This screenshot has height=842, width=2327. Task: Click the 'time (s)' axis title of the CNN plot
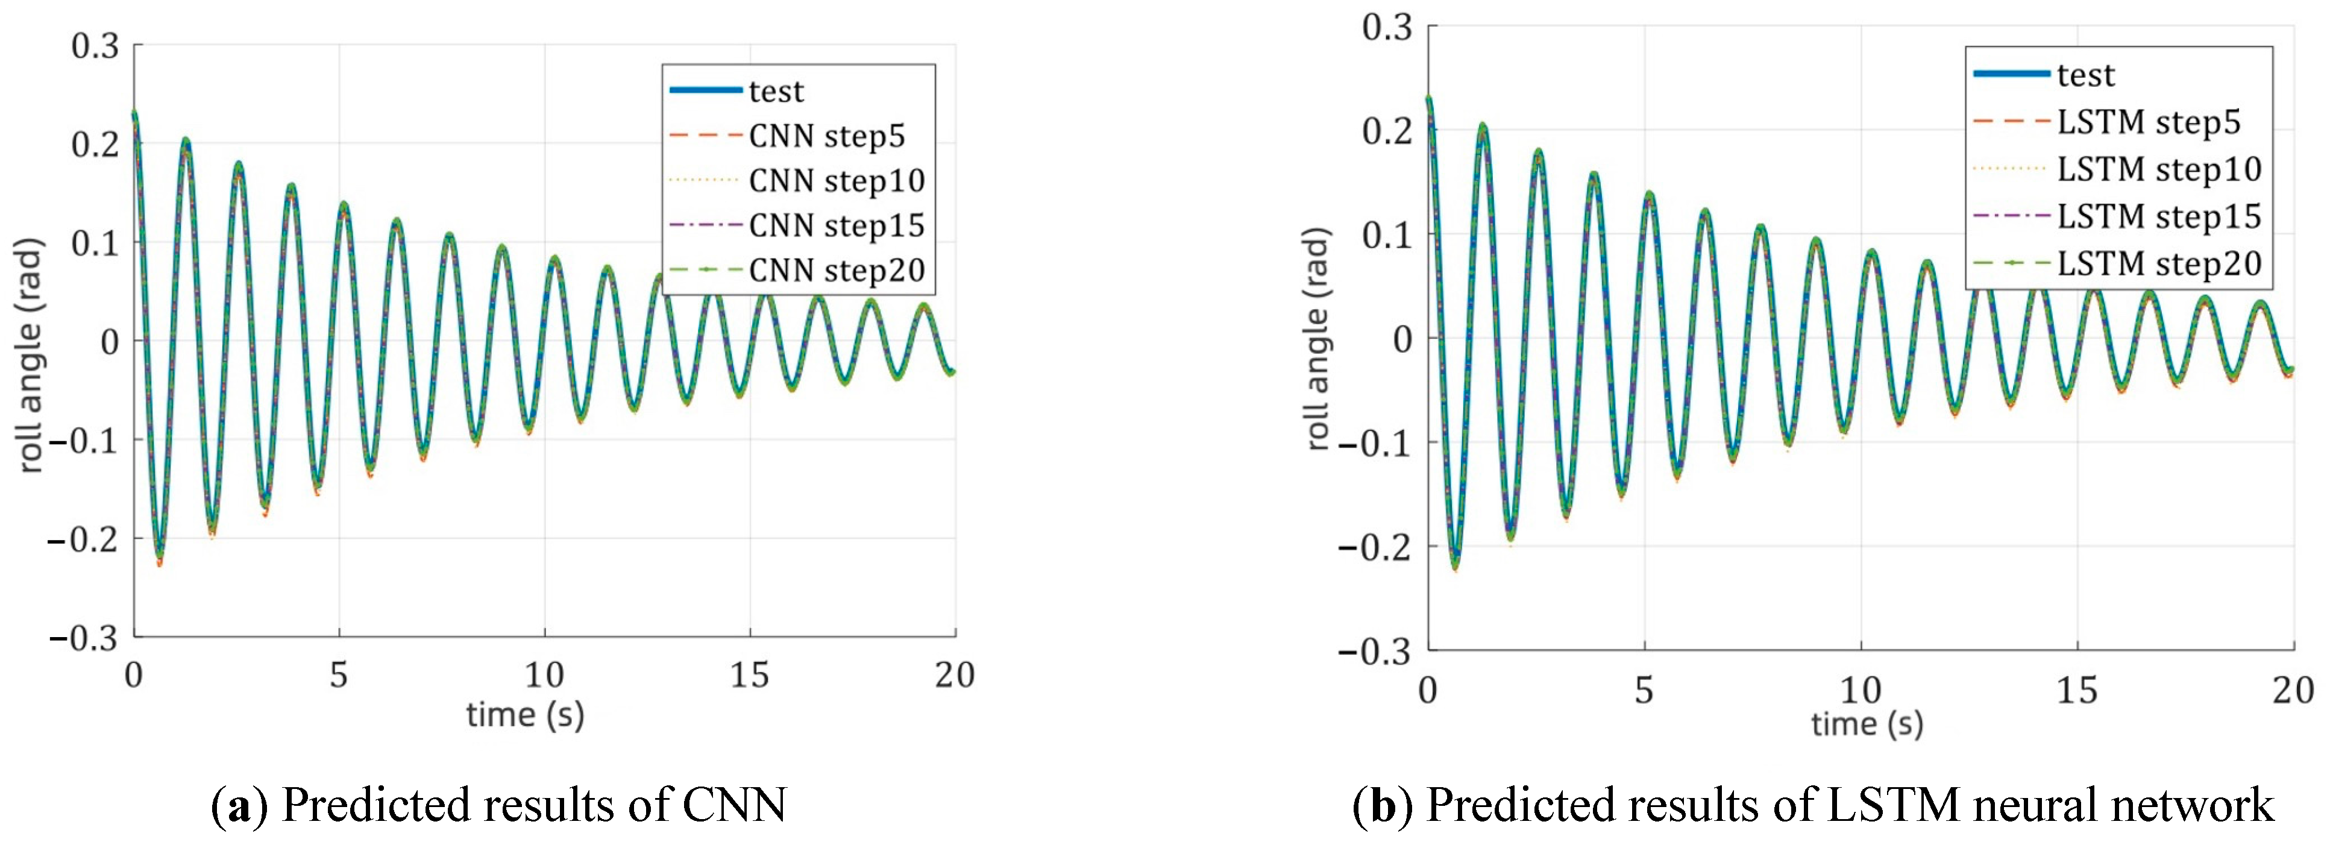tap(525, 715)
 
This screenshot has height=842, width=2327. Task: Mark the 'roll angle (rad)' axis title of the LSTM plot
tap(1319, 339)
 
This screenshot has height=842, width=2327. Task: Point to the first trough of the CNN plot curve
tap(160, 558)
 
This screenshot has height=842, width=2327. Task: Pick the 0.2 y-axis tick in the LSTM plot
tap(1387, 131)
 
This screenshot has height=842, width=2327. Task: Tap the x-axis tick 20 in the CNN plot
tap(954, 675)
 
